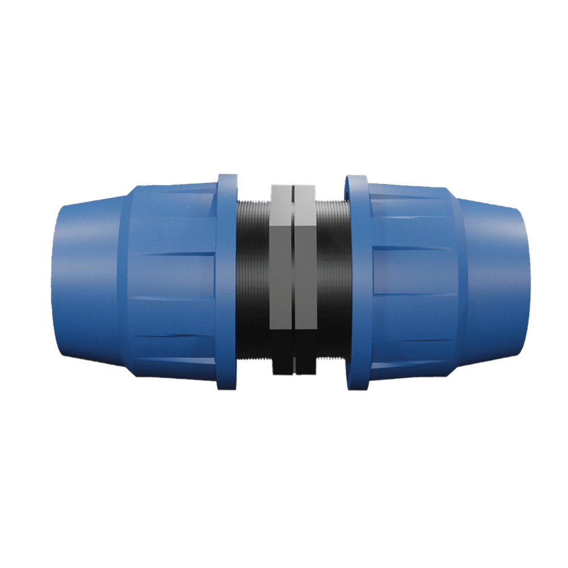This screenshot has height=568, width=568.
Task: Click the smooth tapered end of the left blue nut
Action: coord(85,278)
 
